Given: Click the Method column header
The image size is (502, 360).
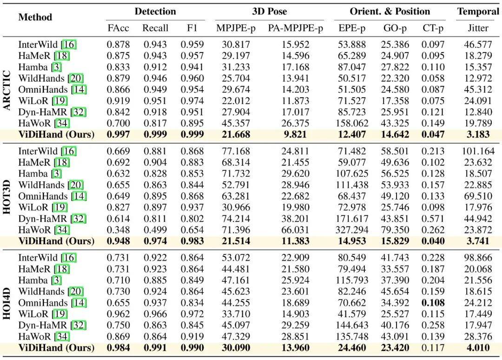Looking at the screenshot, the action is [x=35, y=17].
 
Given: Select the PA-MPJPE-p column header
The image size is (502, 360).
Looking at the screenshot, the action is [x=296, y=28].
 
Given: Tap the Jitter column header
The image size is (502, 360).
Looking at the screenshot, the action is [x=478, y=28].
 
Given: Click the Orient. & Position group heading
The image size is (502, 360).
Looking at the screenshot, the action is [x=390, y=12].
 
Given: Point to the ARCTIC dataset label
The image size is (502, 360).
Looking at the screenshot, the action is [x=7, y=90].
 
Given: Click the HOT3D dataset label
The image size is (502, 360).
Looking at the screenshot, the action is [x=7, y=197].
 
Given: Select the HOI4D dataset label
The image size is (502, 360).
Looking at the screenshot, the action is [x=7, y=303].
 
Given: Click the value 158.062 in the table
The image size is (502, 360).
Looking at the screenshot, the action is [x=352, y=123].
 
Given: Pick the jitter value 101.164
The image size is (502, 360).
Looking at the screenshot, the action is [x=478, y=151].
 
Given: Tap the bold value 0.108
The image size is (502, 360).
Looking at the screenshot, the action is [x=433, y=303].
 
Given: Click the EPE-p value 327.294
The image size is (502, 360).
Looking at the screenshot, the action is [x=352, y=230].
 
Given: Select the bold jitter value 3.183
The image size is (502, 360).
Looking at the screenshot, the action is [x=478, y=134].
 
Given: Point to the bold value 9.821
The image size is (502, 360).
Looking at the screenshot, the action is [x=295, y=134].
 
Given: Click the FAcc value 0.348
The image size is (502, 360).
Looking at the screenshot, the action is [x=118, y=230].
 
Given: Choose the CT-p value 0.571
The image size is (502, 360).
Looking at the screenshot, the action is [x=433, y=219].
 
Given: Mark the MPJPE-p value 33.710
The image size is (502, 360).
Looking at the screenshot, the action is [x=236, y=314].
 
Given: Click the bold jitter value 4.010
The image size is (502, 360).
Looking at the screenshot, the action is [x=478, y=347].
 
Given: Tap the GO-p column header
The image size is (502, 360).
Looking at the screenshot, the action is [x=395, y=28].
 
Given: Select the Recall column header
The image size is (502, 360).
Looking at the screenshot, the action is [x=155, y=28].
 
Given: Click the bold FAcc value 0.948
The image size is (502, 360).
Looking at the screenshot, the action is [x=118, y=241].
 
